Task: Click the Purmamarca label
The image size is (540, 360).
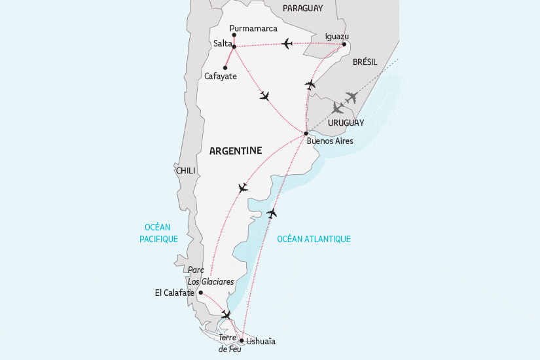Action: pyautogui.click(x=255, y=28)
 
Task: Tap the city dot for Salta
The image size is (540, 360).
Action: pyautogui.click(x=234, y=46)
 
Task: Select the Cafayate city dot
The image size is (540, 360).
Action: pyautogui.click(x=225, y=68)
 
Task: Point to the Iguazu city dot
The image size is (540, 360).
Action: pyautogui.click(x=344, y=45)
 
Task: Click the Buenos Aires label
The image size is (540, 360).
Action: pyautogui.click(x=330, y=141)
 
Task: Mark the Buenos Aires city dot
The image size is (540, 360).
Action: pyautogui.click(x=306, y=133)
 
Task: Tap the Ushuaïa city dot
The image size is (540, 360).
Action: pyautogui.click(x=242, y=340)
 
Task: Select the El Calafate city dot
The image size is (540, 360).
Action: pyautogui.click(x=200, y=293)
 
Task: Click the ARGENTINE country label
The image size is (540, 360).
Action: pyautogui.click(x=235, y=151)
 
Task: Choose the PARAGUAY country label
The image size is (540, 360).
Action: pyautogui.click(x=303, y=8)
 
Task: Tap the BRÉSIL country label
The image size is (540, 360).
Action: pyautogui.click(x=365, y=61)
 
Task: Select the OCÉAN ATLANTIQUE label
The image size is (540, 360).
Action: pyautogui.click(x=314, y=239)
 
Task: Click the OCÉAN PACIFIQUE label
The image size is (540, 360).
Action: pyautogui.click(x=158, y=233)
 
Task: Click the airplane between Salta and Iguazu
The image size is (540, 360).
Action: pyautogui.click(x=287, y=44)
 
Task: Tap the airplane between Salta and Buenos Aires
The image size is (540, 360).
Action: pyautogui.click(x=264, y=96)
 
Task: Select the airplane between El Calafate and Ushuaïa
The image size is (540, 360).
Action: pyautogui.click(x=226, y=315)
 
